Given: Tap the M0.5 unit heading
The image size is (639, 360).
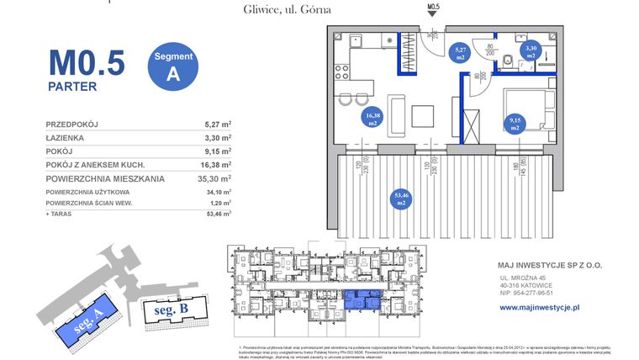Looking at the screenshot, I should tap(87, 62).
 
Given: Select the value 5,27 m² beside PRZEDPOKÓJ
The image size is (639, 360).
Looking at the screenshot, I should tap(218, 124).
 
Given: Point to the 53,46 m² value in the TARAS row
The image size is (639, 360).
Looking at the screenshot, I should tap(218, 214).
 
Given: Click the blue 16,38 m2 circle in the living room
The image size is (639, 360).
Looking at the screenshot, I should tap(372, 118).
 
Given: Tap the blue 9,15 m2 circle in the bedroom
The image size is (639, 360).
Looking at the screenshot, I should tap(515, 125).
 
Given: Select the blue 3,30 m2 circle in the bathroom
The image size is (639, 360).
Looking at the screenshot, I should tap(531, 53).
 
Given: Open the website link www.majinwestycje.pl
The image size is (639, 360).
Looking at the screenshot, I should tap(540, 308).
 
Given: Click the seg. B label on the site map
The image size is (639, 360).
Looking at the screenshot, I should tap(171, 310).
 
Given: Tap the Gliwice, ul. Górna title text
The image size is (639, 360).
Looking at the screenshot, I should tap(274, 9).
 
